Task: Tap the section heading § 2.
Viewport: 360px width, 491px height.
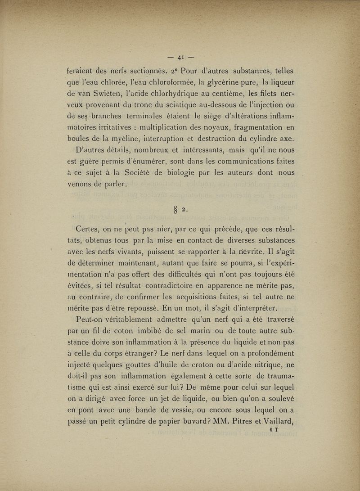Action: [180, 207]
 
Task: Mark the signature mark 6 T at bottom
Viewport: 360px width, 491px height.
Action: [274, 430]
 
